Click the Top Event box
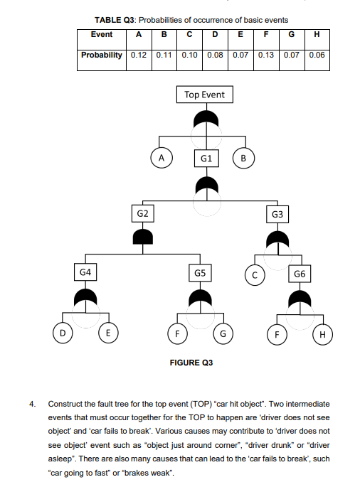(x=204, y=95)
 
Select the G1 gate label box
(x=204, y=158)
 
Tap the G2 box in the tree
(x=143, y=213)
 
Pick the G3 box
(x=278, y=213)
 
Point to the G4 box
(x=85, y=272)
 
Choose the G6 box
(x=300, y=272)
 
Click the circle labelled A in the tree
(x=162, y=158)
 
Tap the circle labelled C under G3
(x=255, y=272)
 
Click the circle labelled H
(x=323, y=333)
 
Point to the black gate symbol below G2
(x=143, y=237)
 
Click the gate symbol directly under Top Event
(x=204, y=119)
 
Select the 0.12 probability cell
(x=139, y=55)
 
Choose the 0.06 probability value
(x=318, y=55)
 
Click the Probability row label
(x=101, y=55)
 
